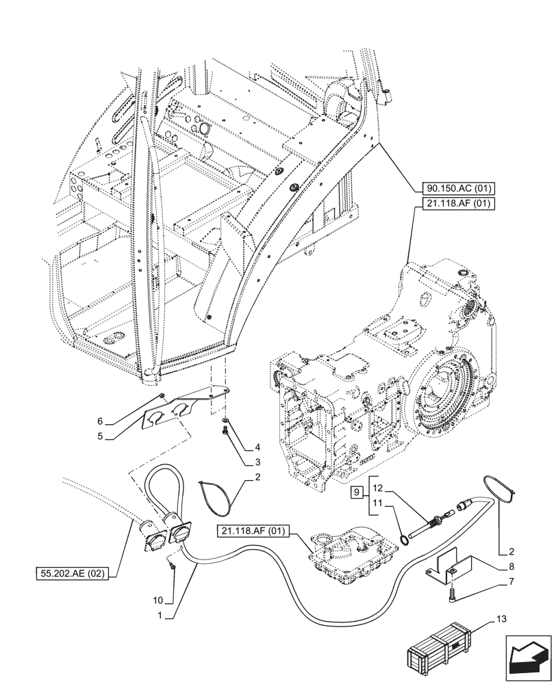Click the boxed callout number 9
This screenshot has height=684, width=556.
(355, 492)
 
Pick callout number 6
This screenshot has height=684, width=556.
(99, 421)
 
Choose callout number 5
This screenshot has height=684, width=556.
(99, 436)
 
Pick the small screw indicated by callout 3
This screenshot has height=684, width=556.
(225, 430)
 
